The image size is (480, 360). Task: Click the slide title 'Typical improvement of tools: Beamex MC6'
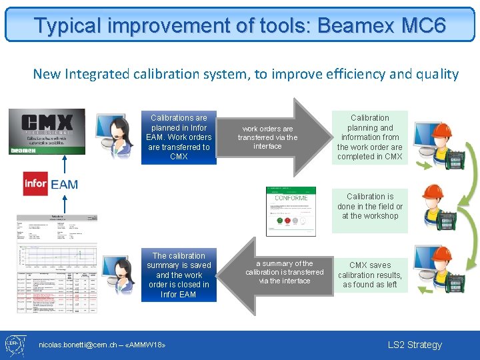click(240, 26)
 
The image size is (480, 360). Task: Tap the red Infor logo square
click(35, 183)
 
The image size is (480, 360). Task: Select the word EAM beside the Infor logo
click(65, 185)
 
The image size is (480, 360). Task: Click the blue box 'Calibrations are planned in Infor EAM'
click(179, 137)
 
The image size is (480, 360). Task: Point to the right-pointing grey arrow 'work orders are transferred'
click(270, 137)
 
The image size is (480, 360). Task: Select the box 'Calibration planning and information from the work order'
click(369, 137)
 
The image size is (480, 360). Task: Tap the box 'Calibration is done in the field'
click(369, 206)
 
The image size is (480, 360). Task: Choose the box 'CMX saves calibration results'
click(369, 275)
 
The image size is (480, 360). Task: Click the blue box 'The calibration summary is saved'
click(179, 275)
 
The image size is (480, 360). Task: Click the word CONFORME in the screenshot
click(291, 198)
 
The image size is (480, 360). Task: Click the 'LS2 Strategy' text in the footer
click(415, 345)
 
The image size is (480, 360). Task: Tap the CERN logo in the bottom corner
click(15, 345)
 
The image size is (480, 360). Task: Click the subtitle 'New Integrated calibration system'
click(245, 74)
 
